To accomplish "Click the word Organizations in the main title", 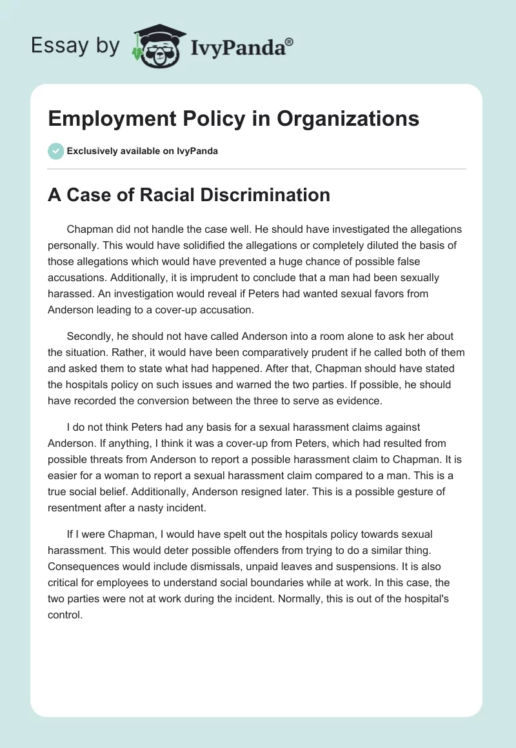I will tap(344, 119).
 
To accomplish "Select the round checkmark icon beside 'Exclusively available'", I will tap(55, 151).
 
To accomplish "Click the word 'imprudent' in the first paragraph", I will tap(228, 278).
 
